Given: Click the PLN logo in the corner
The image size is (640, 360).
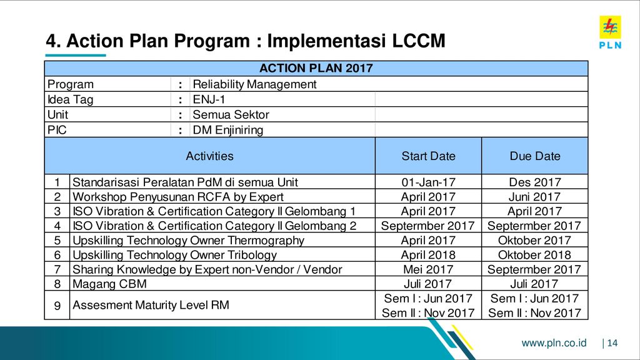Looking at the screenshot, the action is click(x=610, y=32).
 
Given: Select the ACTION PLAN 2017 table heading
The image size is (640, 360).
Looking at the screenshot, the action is click(x=316, y=68).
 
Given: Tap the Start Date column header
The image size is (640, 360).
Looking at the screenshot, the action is click(x=428, y=156).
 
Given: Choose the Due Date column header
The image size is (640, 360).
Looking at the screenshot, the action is click(x=535, y=156).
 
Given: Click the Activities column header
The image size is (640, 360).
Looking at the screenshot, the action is click(x=209, y=156).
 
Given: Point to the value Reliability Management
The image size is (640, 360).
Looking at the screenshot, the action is click(x=254, y=84).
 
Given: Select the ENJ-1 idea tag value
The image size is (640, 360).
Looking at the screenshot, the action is click(x=209, y=99).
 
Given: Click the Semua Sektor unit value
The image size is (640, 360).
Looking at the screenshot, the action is click(x=231, y=115).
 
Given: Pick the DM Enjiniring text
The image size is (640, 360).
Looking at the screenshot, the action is click(x=227, y=130).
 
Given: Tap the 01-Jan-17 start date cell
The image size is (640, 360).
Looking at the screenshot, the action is click(x=428, y=182).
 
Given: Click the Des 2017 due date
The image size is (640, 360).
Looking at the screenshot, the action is click(x=535, y=182).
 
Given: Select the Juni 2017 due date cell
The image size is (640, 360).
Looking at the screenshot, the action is click(x=535, y=197).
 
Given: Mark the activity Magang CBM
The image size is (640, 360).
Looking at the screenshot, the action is click(x=109, y=284).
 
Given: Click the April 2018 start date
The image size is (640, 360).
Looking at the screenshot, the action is click(x=428, y=255).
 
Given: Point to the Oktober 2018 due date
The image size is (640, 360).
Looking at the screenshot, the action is click(x=535, y=255).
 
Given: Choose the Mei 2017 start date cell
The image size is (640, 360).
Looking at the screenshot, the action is click(x=428, y=269).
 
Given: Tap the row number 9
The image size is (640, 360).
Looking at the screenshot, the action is click(x=57, y=305).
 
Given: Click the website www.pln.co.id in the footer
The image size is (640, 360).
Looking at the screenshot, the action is click(x=554, y=343).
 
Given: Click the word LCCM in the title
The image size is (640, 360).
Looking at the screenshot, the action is click(x=418, y=41).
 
